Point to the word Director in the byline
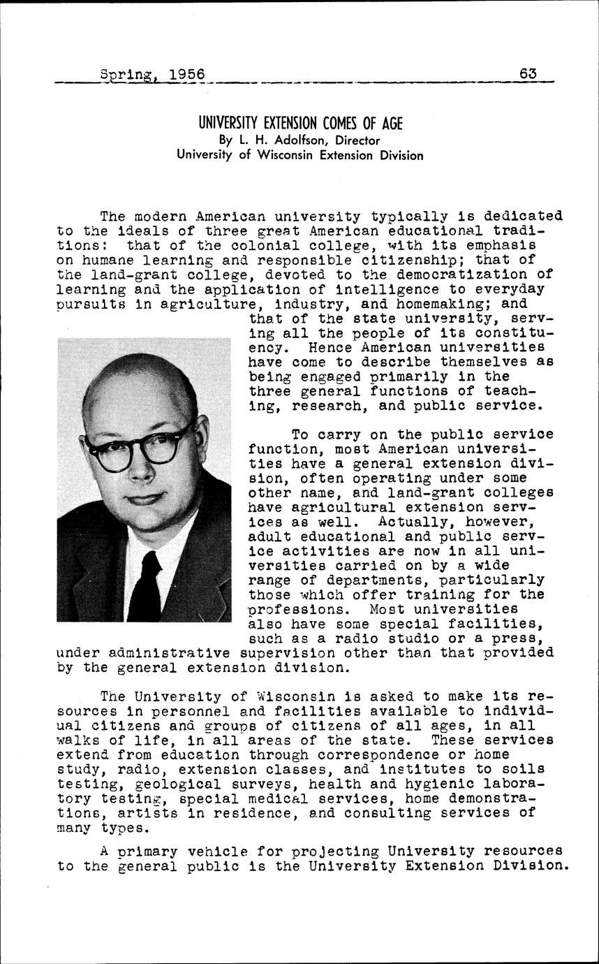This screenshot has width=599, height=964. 355,140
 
